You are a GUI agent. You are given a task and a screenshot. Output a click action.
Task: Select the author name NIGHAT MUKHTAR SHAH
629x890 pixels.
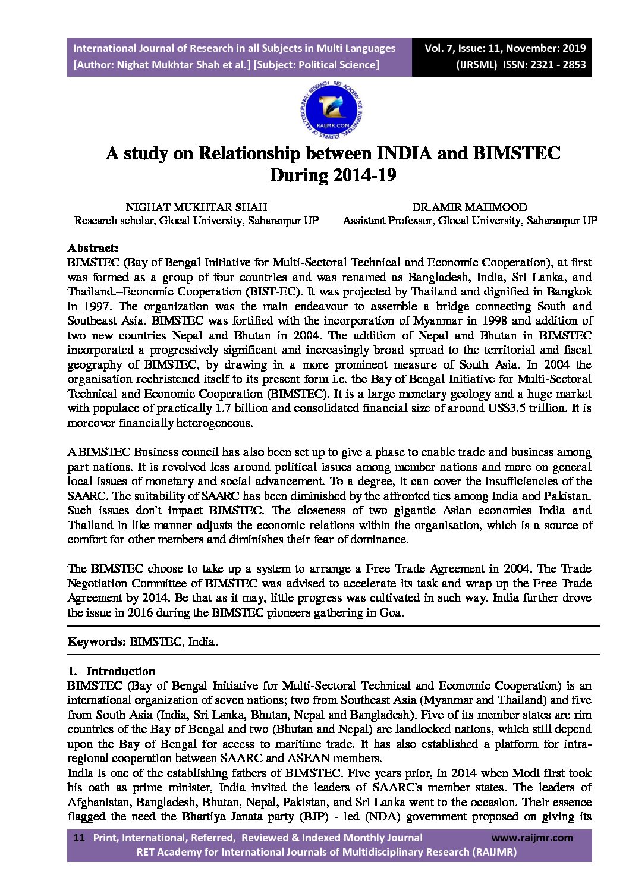[x=196, y=207]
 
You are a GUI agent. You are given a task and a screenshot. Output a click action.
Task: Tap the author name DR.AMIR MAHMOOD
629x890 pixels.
[x=470, y=207]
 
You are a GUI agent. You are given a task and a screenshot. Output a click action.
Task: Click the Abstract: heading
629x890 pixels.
[x=93, y=248]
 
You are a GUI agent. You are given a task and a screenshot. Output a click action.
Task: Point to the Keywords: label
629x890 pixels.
[x=96, y=642]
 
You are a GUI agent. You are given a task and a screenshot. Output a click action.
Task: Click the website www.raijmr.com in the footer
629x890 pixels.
[x=532, y=838]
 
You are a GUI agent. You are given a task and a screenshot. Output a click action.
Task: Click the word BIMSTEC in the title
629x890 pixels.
[x=517, y=153]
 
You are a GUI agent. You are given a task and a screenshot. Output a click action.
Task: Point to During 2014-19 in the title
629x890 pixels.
[x=333, y=176]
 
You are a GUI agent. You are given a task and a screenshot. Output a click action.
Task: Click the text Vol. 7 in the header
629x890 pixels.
[x=440, y=48]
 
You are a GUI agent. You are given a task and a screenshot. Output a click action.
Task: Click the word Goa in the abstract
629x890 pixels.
[x=390, y=613]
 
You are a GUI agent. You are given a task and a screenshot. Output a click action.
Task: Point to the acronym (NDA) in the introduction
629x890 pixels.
[x=386, y=817]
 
